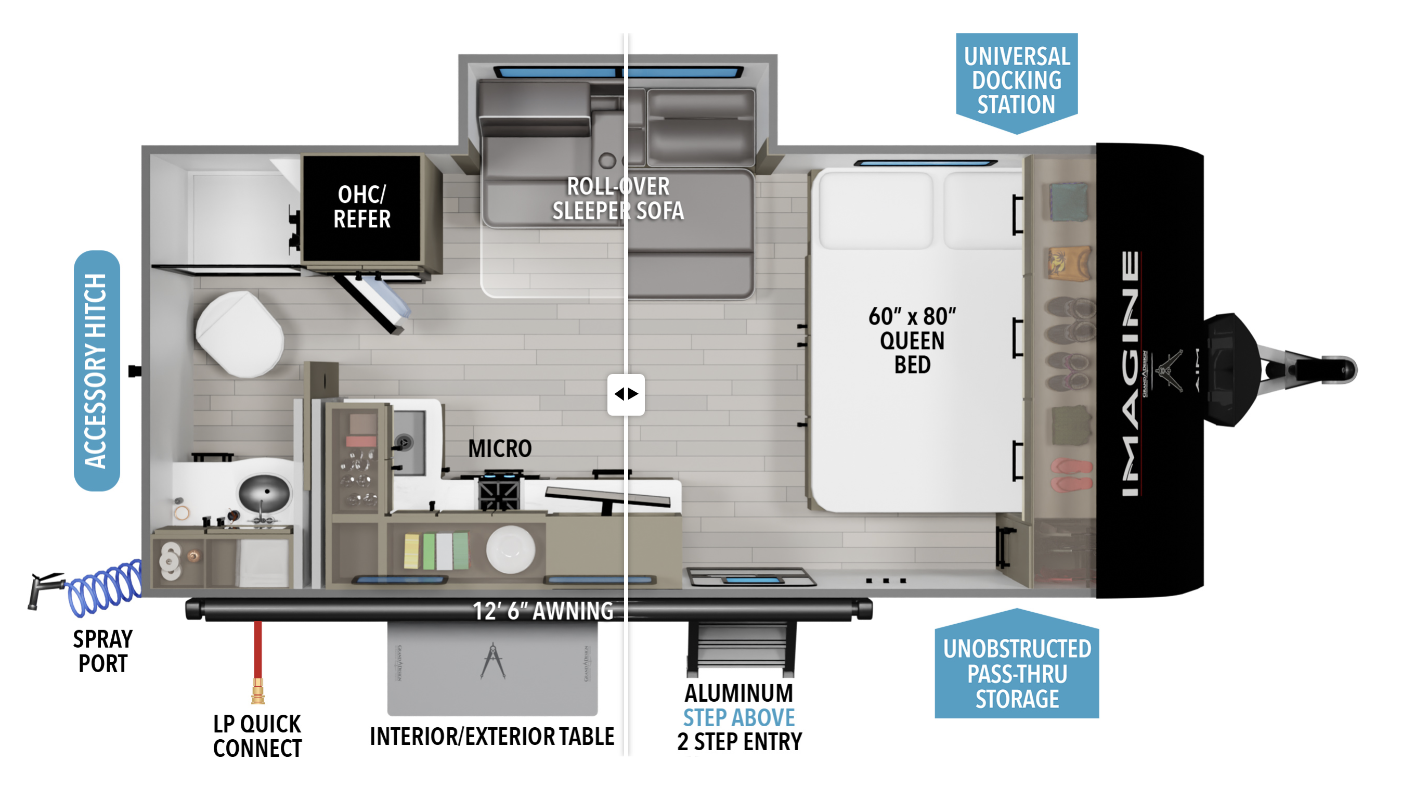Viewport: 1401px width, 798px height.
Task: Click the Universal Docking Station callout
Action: click(x=1016, y=80)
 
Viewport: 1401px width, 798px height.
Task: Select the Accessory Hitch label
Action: click(x=96, y=370)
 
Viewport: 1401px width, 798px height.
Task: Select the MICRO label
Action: click(x=500, y=449)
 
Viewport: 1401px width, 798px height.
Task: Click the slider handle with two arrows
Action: click(x=626, y=394)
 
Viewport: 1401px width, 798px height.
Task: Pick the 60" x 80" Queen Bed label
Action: click(x=912, y=340)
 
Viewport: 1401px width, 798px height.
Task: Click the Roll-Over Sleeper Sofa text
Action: click(x=617, y=198)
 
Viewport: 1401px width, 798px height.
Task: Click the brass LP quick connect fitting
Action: click(x=257, y=691)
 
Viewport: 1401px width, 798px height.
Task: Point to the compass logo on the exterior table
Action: click(x=492, y=661)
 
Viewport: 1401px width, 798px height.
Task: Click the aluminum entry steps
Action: click(x=740, y=649)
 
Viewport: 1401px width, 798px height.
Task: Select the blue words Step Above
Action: click(x=738, y=717)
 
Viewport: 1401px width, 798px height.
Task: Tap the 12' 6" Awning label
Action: click(x=542, y=611)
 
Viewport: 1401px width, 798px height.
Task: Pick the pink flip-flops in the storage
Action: click(x=1071, y=474)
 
